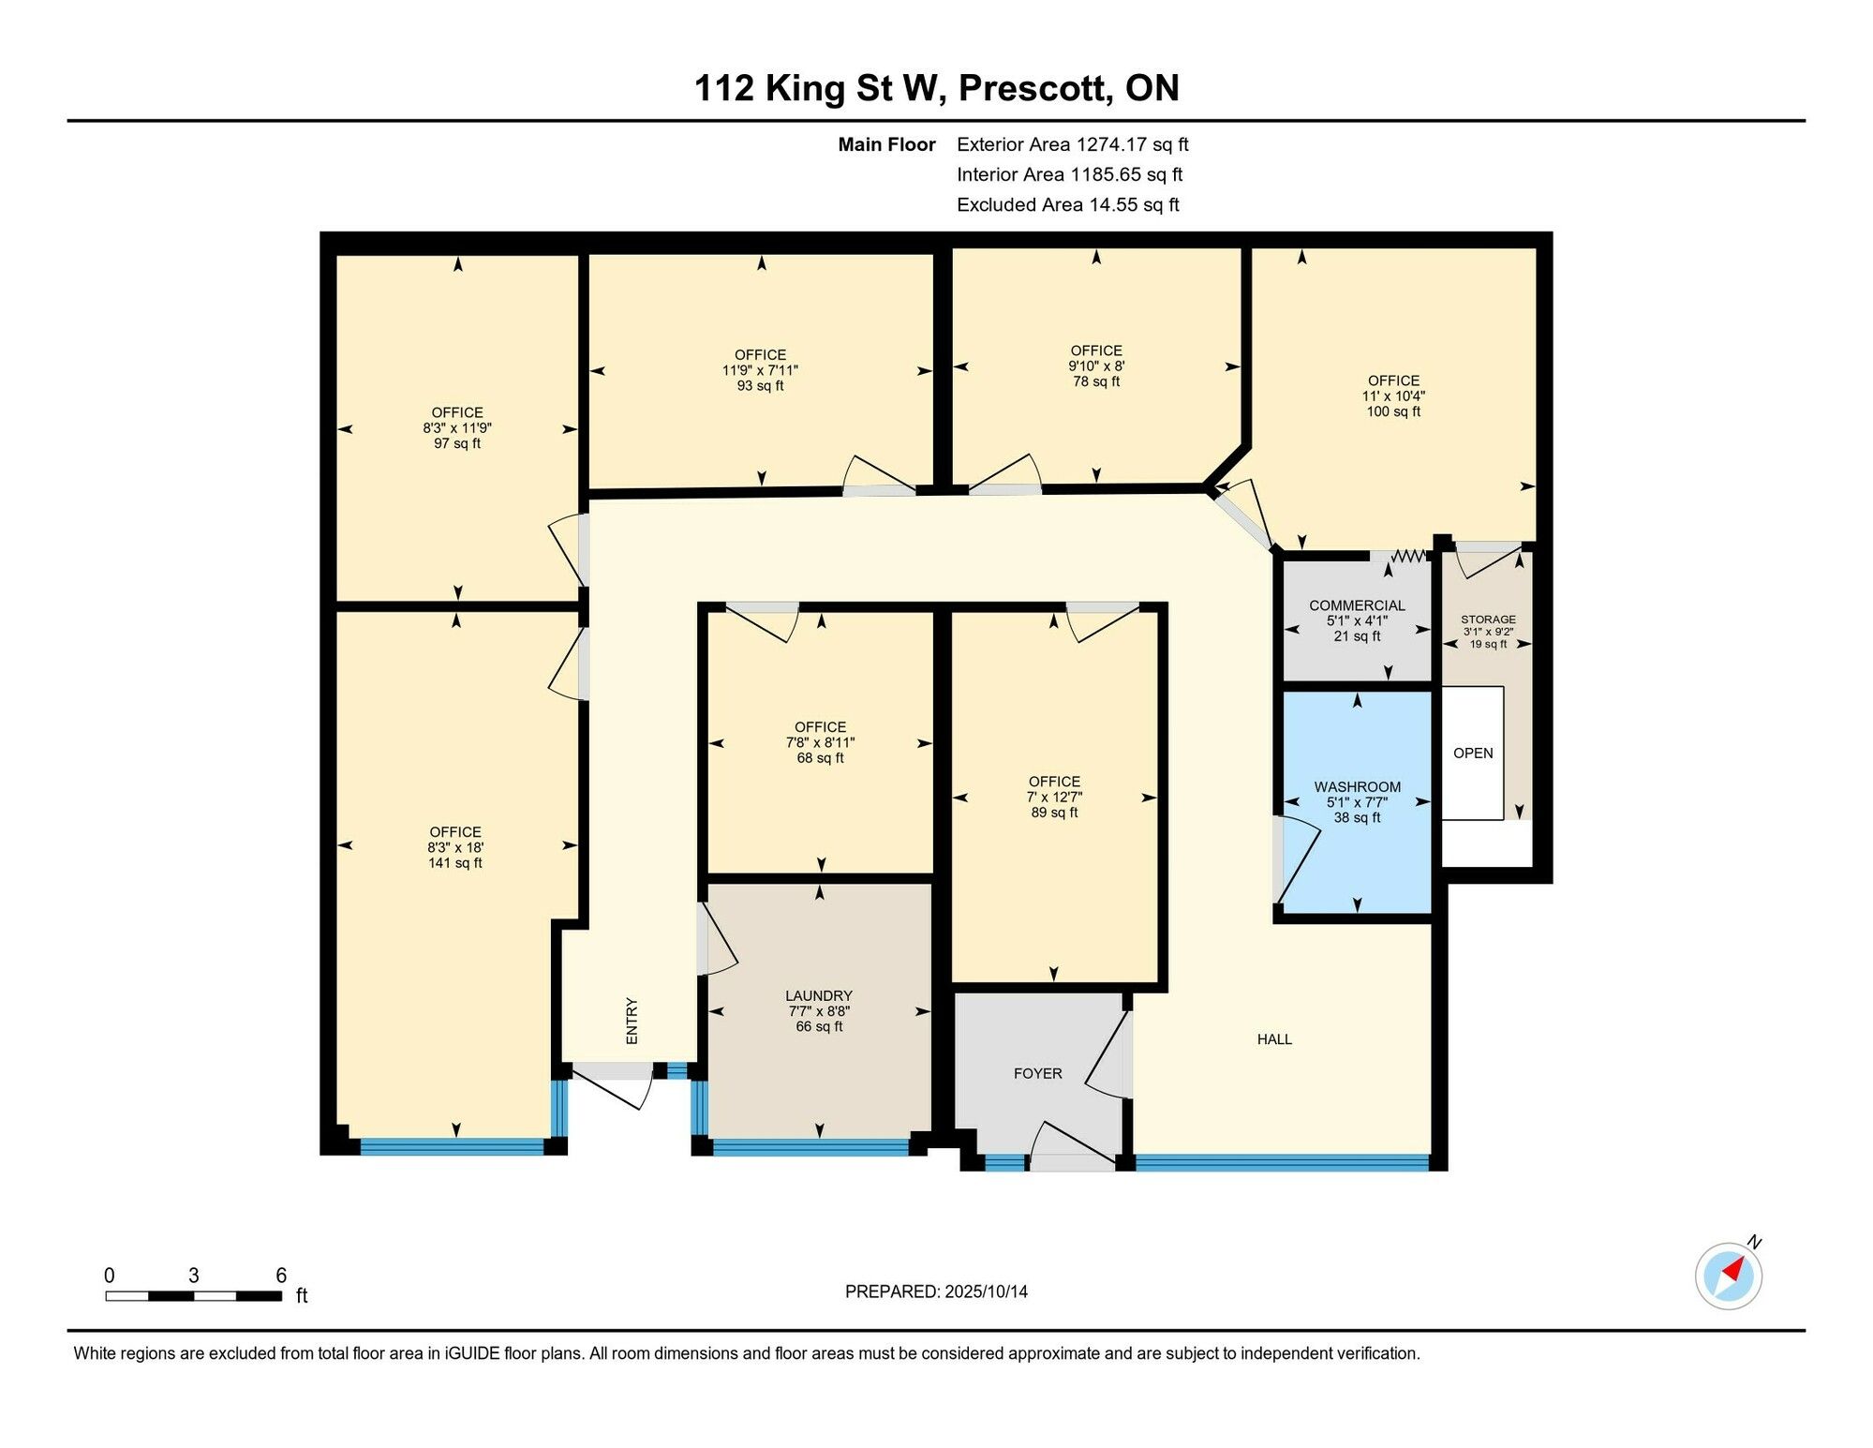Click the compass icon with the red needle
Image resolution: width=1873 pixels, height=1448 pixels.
pyautogui.click(x=1728, y=1276)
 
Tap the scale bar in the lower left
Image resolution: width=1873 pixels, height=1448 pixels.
pyautogui.click(x=194, y=1296)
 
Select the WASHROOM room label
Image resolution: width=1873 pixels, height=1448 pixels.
pyautogui.click(x=1357, y=787)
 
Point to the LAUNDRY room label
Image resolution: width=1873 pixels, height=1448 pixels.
pyautogui.click(x=819, y=996)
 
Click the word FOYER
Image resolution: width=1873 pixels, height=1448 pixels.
pyautogui.click(x=1037, y=1074)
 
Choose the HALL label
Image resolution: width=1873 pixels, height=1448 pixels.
pyautogui.click(x=1274, y=1039)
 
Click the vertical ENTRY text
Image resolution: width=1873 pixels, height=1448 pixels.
pyautogui.click(x=632, y=1021)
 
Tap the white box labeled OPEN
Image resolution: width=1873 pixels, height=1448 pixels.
pyautogui.click(x=1473, y=754)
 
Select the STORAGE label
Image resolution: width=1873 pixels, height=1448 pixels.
pyautogui.click(x=1488, y=620)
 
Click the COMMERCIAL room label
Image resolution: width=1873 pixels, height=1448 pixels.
pyautogui.click(x=1357, y=605)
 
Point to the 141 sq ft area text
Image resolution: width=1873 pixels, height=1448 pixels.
pyautogui.click(x=455, y=863)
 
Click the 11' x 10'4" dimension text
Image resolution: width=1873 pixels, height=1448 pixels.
pyautogui.click(x=1393, y=396)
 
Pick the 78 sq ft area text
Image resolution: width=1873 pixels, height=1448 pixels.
pyautogui.click(x=1096, y=381)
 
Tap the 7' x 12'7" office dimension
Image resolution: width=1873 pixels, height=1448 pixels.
pyautogui.click(x=1054, y=798)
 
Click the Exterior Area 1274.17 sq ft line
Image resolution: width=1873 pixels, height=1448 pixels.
pyautogui.click(x=1073, y=144)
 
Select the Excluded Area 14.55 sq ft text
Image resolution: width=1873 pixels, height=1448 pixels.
pyautogui.click(x=1068, y=204)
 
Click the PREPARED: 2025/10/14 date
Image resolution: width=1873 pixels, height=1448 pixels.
pyautogui.click(x=936, y=1291)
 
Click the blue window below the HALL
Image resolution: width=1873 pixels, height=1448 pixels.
pyautogui.click(x=1282, y=1163)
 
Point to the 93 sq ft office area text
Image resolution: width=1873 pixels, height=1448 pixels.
pyautogui.click(x=760, y=386)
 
